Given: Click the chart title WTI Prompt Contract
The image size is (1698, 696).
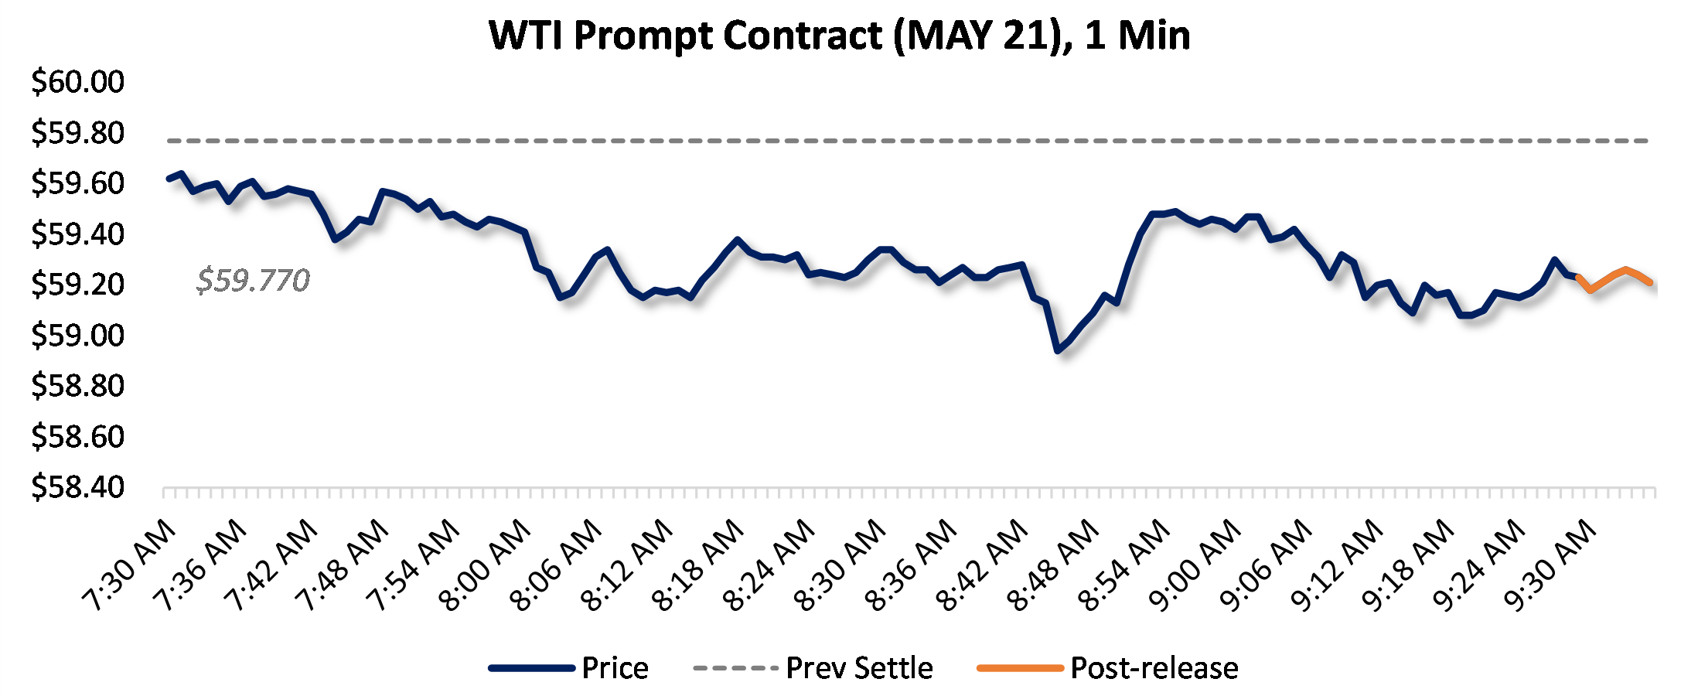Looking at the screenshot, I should (x=839, y=36).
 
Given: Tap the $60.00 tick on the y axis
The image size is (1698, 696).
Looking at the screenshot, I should (x=77, y=81).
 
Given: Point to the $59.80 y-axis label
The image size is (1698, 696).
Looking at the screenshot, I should (x=77, y=132).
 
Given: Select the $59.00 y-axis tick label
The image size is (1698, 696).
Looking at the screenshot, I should (x=77, y=335).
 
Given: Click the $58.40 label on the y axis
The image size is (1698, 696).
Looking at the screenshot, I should (x=77, y=486).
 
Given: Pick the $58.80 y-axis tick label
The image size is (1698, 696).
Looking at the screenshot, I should (x=77, y=385).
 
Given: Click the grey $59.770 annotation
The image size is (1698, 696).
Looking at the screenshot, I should (x=253, y=280).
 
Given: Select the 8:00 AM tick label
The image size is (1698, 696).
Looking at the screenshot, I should (x=485, y=565).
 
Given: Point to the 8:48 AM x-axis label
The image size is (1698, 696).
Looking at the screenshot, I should (x=1053, y=565).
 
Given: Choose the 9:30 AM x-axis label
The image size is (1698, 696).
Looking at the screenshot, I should (x=1550, y=565).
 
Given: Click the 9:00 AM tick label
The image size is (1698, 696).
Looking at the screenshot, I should (x=1195, y=565).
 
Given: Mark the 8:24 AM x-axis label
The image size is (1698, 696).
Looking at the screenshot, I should (x=769, y=565).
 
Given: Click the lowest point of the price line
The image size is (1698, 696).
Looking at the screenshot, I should (x=1058, y=350).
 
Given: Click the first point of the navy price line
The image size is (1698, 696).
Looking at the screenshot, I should (x=169, y=179).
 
